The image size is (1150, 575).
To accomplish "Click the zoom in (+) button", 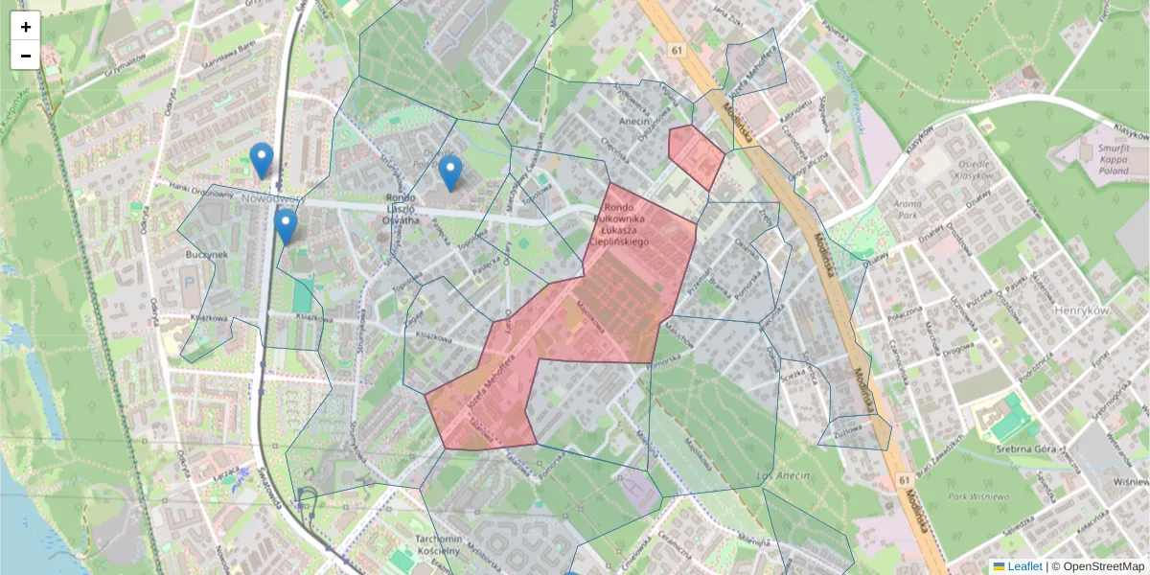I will [x=26, y=27].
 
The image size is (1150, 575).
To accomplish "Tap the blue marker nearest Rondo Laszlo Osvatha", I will [x=450, y=172].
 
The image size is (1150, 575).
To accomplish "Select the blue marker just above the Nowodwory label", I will [x=261, y=160].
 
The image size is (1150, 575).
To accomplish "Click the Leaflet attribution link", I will [x=1023, y=566].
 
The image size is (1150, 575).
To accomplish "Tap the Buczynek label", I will [x=207, y=257].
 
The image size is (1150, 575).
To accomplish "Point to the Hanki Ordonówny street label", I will [x=200, y=189].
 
